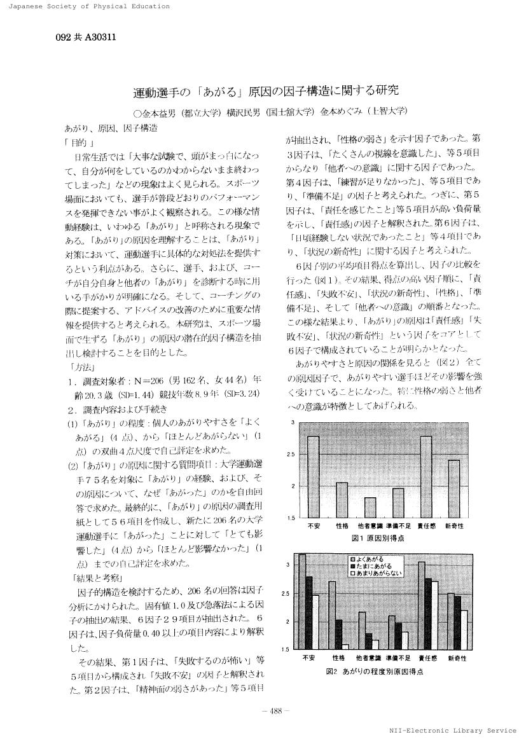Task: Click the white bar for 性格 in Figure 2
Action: pos(345,647)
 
